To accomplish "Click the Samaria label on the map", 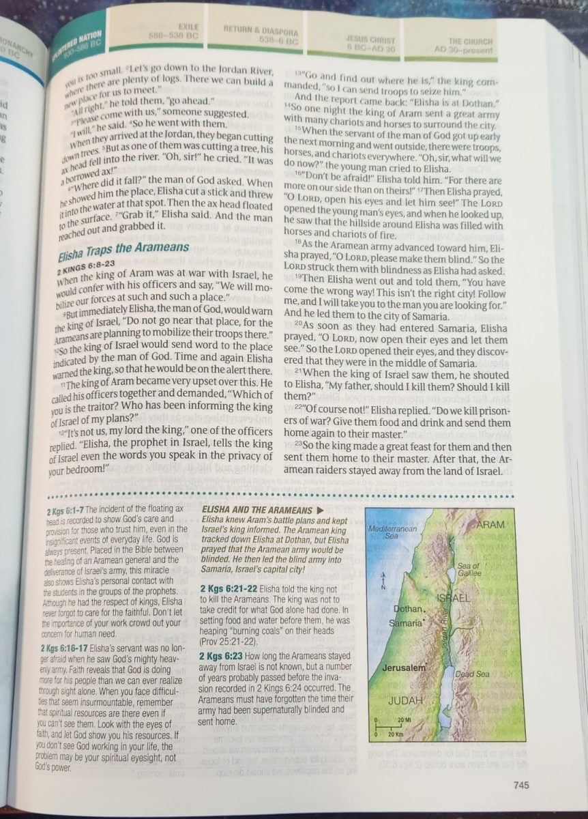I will pos(406,623).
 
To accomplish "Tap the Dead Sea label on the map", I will pos(473,674).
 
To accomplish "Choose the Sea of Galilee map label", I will pos(469,569).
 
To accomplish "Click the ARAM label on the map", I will pos(491,524).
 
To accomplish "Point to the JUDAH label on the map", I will pos(406,700).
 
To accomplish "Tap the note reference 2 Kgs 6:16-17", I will pos(68,648).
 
